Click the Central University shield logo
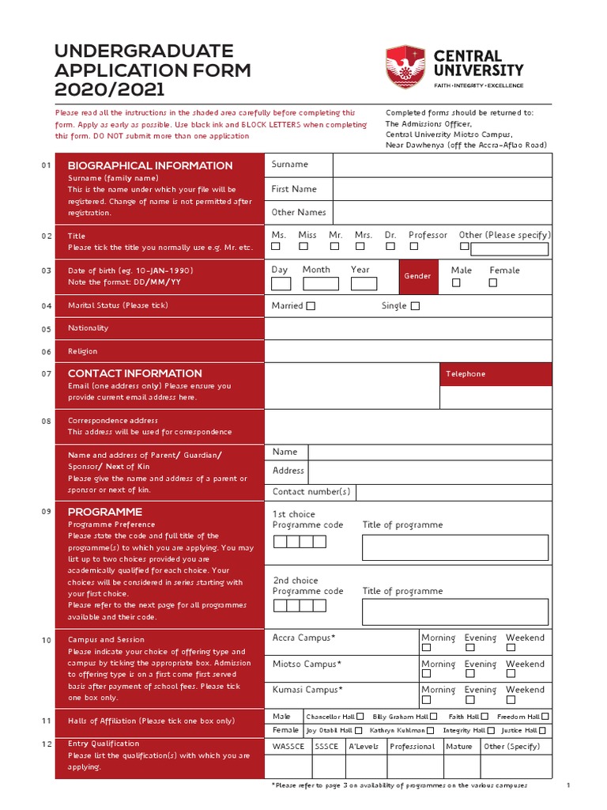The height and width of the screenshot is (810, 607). coord(405,66)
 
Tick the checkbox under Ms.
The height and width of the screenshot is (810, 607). coord(276,246)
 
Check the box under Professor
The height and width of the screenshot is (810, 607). coord(418,246)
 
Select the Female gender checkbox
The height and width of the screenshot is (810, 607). coord(493,282)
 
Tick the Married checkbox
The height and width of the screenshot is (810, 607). coord(311,306)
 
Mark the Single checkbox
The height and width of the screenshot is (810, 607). coord(415,306)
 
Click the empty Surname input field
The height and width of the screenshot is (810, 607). coord(442,165)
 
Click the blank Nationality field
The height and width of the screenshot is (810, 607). coord(408,328)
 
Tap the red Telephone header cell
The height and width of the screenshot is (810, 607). coord(496,374)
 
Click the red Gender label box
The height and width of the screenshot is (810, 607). coord(417,276)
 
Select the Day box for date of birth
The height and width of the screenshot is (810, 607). coord(281,284)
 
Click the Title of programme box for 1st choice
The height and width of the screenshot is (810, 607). coord(454,547)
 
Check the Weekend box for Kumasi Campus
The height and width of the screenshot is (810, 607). coord(511,700)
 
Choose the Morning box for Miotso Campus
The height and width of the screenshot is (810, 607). coord(426,675)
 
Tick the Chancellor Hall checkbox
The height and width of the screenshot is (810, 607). coord(360,717)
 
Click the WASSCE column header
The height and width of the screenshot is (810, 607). coord(288,747)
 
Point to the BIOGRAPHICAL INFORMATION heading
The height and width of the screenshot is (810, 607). coord(150,165)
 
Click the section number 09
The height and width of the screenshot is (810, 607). coord(46,512)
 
